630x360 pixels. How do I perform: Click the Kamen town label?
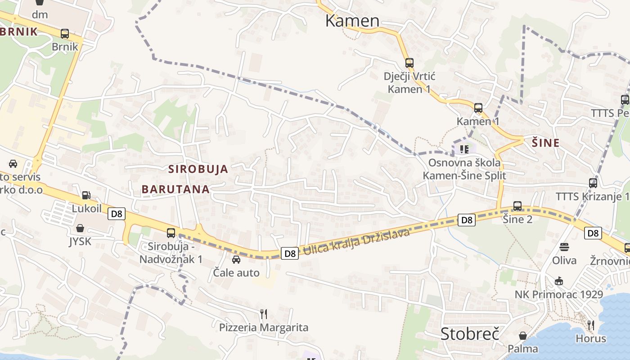click(352, 20)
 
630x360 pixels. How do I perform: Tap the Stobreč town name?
click(470, 334)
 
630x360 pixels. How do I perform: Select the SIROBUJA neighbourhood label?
click(198, 170)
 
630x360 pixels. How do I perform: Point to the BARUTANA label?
click(176, 189)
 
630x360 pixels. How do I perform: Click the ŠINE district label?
click(546, 143)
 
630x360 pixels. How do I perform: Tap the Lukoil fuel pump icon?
click(86, 195)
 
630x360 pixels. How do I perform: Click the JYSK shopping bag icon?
click(80, 228)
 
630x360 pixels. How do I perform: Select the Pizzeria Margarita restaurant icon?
click(264, 313)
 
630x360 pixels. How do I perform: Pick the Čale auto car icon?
click(236, 259)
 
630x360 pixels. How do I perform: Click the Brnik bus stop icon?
click(65, 33)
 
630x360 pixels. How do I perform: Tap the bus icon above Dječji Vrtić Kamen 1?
click(409, 63)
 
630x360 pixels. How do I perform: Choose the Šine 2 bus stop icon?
click(517, 206)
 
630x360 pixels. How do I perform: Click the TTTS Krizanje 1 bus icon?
click(593, 183)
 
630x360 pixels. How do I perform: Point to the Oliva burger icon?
click(564, 247)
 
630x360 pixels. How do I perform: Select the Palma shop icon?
click(522, 336)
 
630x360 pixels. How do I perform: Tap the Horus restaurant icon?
click(591, 324)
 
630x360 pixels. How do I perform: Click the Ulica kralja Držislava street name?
click(356, 242)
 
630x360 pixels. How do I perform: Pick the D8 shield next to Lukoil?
click(117, 214)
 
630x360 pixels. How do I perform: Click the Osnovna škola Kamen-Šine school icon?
click(464, 148)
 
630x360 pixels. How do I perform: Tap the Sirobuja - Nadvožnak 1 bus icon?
click(171, 233)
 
